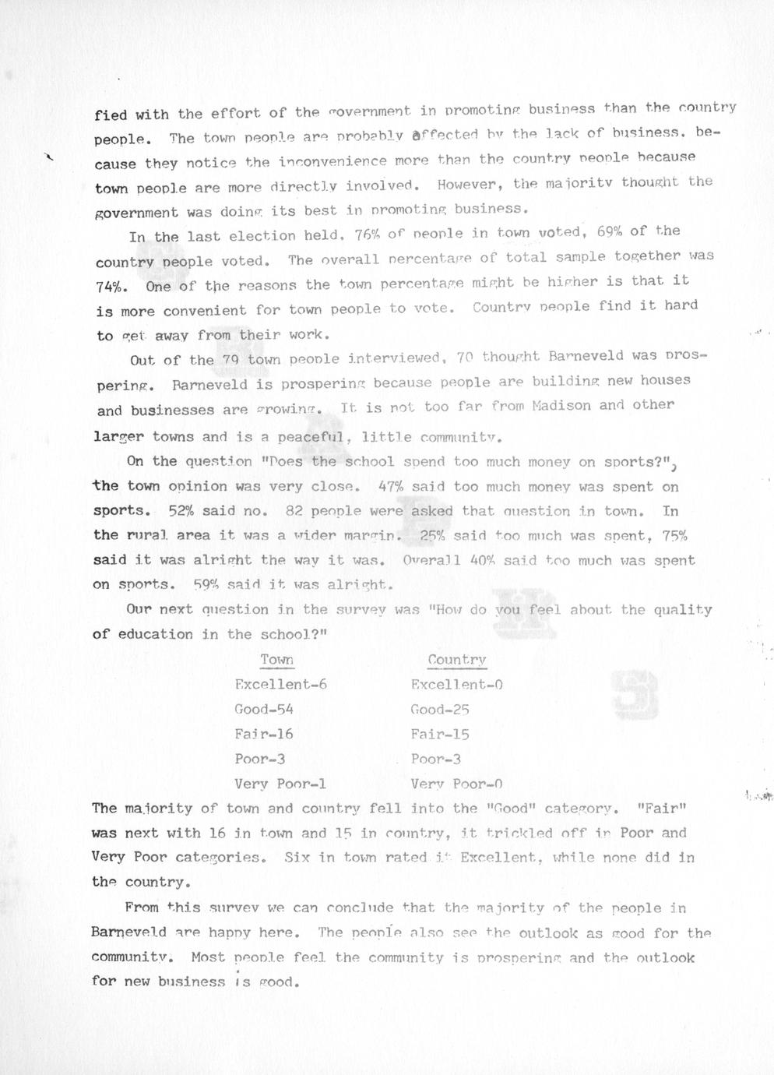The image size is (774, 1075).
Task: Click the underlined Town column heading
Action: click(x=276, y=661)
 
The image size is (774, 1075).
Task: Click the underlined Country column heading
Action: click(x=456, y=661)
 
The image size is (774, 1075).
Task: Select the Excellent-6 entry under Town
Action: click(x=280, y=685)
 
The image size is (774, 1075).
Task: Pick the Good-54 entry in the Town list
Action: click(x=264, y=710)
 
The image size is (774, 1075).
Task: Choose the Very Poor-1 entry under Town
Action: click(x=280, y=784)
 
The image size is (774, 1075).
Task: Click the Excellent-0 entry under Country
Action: click(x=456, y=685)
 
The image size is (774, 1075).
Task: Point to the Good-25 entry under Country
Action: click(x=440, y=710)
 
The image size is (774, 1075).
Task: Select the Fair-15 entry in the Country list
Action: click(x=440, y=734)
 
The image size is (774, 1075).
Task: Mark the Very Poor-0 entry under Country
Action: click(x=456, y=784)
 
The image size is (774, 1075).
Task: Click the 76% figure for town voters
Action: click(x=366, y=234)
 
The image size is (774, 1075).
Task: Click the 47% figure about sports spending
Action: click(x=389, y=487)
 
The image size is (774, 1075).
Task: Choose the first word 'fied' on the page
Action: click(x=111, y=115)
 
